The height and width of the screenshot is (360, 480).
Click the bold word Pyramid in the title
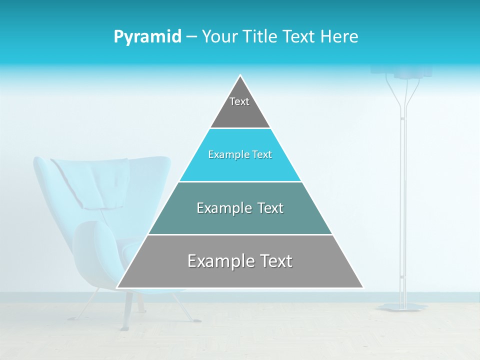click(x=147, y=37)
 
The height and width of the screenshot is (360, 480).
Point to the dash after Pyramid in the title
click(x=191, y=37)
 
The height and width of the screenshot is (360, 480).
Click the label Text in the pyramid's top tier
click(x=239, y=102)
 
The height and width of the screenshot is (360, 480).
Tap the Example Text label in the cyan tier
click(x=240, y=155)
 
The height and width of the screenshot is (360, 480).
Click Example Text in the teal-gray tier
click(x=240, y=208)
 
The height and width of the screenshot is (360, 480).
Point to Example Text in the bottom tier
click(x=240, y=261)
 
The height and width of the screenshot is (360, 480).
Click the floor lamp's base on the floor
click(x=402, y=306)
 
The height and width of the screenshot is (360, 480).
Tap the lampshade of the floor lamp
click(x=412, y=71)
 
